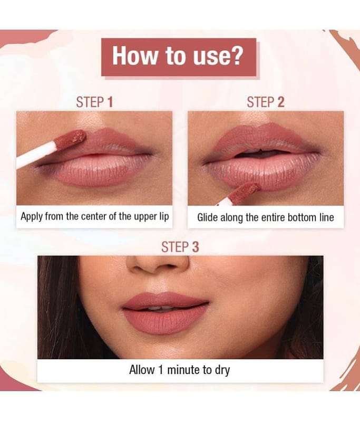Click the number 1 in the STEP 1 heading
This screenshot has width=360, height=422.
[110, 102]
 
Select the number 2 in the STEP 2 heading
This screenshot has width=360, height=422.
[281, 102]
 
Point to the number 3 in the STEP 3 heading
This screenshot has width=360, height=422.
[196, 247]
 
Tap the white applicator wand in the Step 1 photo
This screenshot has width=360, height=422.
[35, 156]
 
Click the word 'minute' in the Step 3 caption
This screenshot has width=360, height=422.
[184, 370]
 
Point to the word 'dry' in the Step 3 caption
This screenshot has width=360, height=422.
[222, 371]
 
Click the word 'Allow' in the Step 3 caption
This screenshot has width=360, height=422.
[142, 370]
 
